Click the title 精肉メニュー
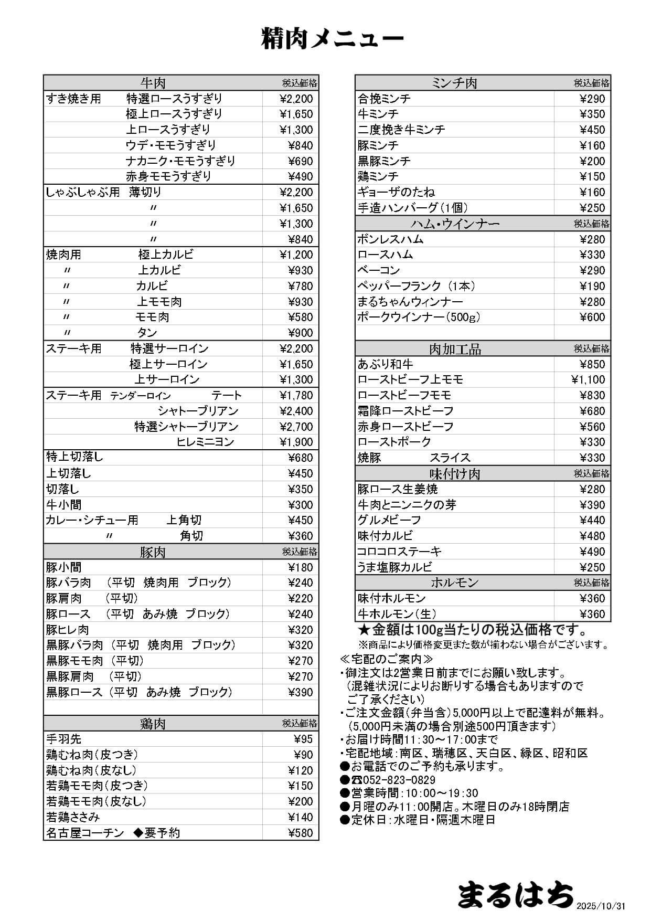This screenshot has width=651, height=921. tap(332, 39)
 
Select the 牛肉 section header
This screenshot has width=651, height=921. tap(153, 83)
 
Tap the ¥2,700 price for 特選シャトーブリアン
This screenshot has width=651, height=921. tap(296, 427)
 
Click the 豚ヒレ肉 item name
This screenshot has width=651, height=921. tap(68, 630)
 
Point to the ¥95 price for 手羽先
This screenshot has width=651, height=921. tap(303, 739)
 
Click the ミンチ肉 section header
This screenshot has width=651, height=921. tap(454, 83)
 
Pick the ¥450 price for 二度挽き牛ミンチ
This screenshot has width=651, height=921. tap(592, 130)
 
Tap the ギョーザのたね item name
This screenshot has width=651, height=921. tap(396, 192)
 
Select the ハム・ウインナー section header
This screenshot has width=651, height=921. tap(455, 224)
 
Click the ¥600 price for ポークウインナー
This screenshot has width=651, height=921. tap(592, 317)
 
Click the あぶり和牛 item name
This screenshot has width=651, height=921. tap(385, 364)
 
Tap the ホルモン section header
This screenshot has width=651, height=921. tap(454, 583)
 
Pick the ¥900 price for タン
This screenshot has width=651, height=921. tap(301, 333)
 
